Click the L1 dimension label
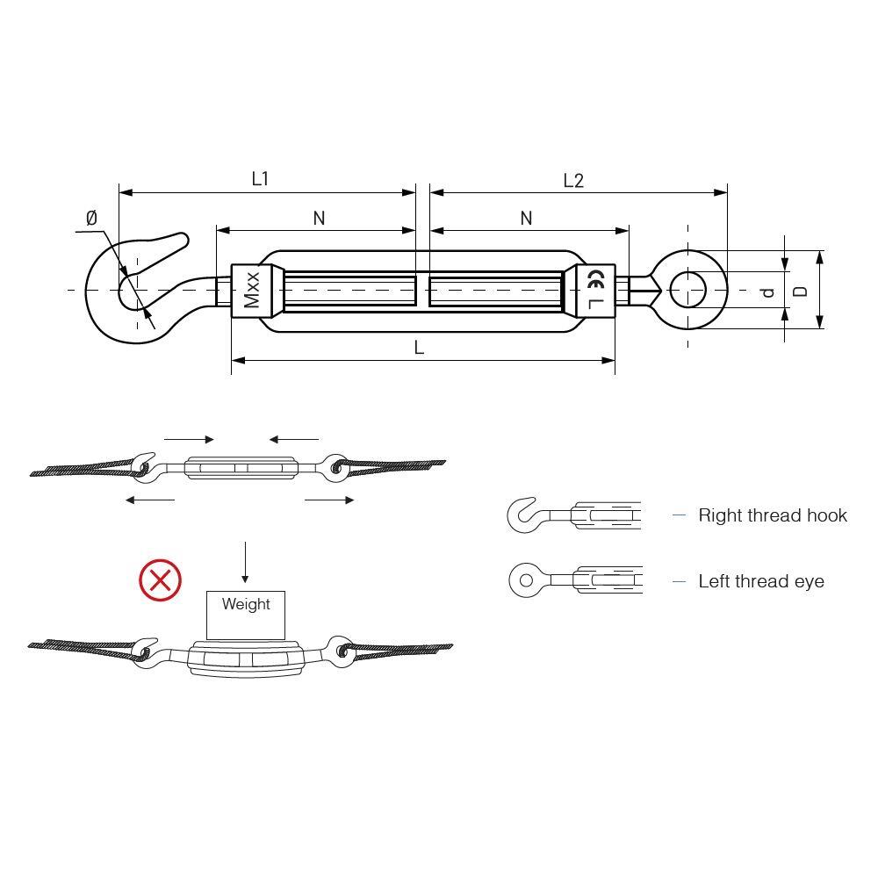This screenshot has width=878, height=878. tap(261, 178)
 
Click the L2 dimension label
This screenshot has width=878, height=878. tap(573, 180)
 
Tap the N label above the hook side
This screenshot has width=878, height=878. tap(320, 218)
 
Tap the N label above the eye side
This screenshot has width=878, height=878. tap(526, 218)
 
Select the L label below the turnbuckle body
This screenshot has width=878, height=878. tap(419, 348)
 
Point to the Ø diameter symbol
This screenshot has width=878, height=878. tap(92, 218)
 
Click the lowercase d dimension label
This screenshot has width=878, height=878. tap(768, 291)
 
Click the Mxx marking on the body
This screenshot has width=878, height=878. tap(252, 290)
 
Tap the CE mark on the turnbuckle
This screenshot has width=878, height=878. tap(596, 279)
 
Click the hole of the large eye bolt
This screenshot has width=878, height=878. tap(687, 290)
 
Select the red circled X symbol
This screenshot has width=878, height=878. tap(160, 579)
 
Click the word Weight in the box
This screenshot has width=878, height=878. tap(246, 604)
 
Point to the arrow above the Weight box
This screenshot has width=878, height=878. tap(245, 562)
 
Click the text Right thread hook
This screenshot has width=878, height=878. tap(773, 515)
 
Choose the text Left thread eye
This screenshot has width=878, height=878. tap(761, 581)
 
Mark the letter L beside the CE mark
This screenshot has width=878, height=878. tap(596, 304)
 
